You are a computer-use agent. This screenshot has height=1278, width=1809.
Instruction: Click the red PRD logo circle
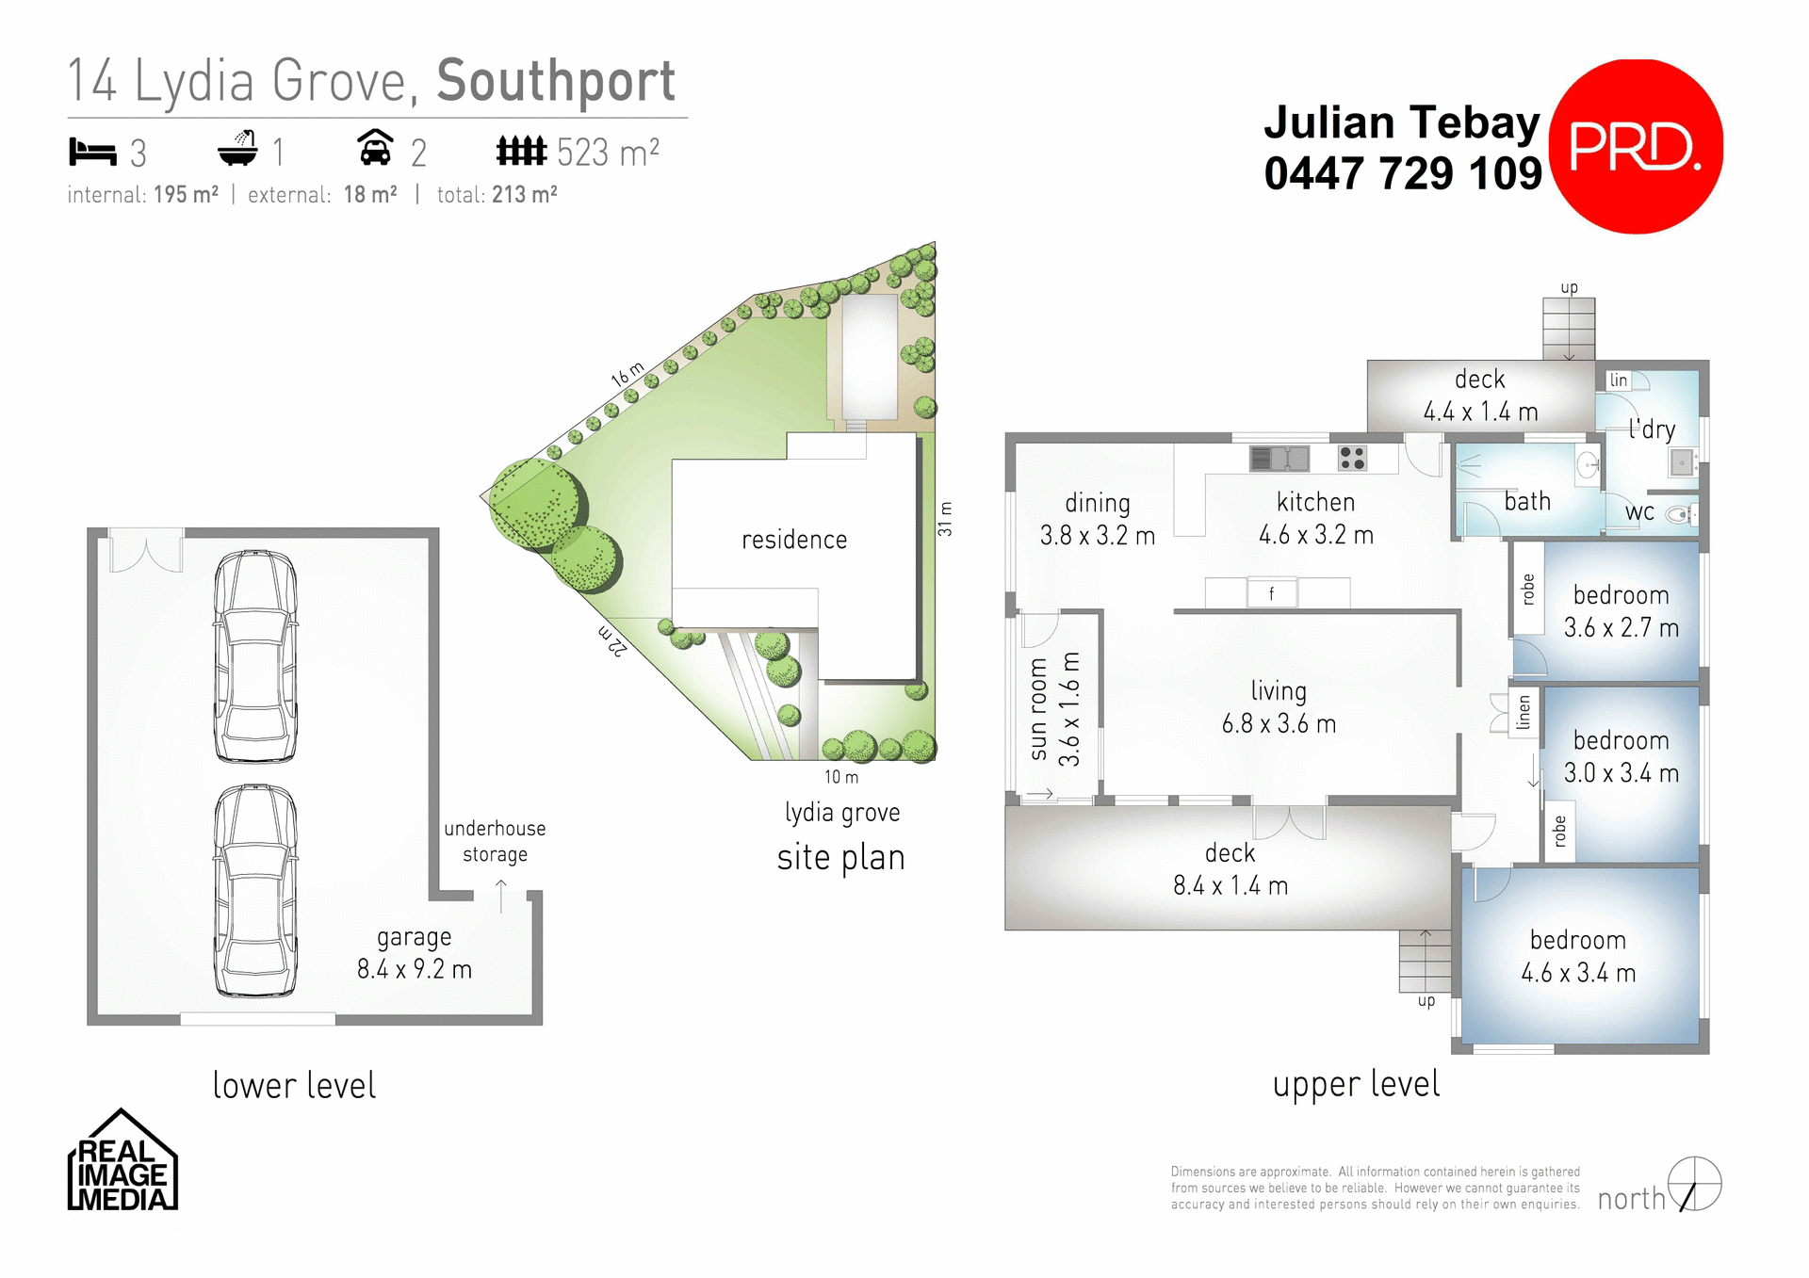pyautogui.click(x=1636, y=147)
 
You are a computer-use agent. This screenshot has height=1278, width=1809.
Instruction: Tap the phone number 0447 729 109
pyautogui.click(x=1402, y=174)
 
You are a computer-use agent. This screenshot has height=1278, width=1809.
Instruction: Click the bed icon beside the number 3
pyautogui.click(x=91, y=151)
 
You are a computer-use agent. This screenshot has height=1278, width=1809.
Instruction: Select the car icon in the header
pyautogui.click(x=375, y=148)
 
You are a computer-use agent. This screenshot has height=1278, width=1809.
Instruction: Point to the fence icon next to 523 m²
pyautogui.click(x=521, y=150)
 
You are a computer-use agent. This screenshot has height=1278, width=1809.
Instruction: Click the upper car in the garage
pyautogui.click(x=255, y=656)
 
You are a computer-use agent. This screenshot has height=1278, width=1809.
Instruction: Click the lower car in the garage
pyautogui.click(x=255, y=891)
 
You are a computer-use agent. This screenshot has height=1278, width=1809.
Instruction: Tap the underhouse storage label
pyautogui.click(x=495, y=841)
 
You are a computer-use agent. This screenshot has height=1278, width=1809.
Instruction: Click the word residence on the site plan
pyautogui.click(x=793, y=540)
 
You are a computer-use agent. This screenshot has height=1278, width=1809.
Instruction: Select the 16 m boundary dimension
pyautogui.click(x=627, y=374)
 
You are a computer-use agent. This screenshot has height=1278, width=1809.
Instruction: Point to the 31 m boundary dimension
pyautogui.click(x=945, y=519)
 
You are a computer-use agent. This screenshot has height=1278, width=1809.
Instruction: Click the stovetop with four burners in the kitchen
pyautogui.click(x=1352, y=459)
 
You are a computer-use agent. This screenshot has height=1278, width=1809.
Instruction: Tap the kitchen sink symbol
pyautogui.click(x=1279, y=459)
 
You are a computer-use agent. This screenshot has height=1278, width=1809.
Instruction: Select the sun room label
pyautogui.click(x=1038, y=708)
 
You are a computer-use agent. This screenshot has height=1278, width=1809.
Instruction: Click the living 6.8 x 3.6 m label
pyautogui.click(x=1279, y=707)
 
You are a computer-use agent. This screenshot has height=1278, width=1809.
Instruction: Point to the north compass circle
pyautogui.click(x=1694, y=1184)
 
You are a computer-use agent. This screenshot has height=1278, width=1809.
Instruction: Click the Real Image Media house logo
pyautogui.click(x=122, y=1162)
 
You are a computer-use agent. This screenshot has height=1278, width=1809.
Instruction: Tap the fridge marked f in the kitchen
pyautogui.click(x=1271, y=593)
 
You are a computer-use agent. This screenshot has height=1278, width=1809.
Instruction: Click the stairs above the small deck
pyautogui.click(x=1568, y=328)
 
